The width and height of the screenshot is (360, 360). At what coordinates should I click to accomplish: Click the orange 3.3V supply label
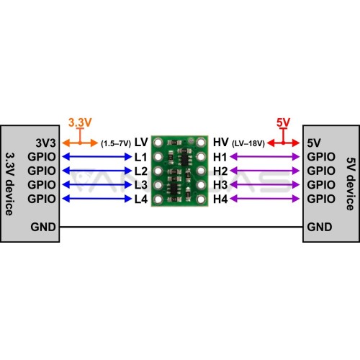click(80, 122)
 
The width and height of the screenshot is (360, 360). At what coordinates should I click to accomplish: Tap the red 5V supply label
click(283, 122)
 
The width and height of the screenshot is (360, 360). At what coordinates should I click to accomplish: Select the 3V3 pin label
click(45, 143)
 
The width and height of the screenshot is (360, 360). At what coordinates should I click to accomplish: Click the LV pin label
click(141, 143)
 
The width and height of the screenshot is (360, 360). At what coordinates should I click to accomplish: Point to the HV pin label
click(220, 143)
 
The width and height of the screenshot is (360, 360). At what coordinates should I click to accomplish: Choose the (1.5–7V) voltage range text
click(116, 143)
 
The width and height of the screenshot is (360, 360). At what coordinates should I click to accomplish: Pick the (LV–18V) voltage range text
click(248, 143)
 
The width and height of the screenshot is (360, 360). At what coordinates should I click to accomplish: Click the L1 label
click(140, 157)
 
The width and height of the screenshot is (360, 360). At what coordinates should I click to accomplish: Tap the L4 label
click(141, 199)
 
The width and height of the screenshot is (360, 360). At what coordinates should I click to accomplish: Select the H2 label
click(220, 171)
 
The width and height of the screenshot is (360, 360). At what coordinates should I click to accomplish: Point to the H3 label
click(220, 185)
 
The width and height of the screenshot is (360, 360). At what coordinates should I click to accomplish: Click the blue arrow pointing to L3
click(97, 185)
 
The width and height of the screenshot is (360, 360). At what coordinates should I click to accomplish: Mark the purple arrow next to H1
click(265, 157)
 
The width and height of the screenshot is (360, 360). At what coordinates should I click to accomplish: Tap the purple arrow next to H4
click(265, 199)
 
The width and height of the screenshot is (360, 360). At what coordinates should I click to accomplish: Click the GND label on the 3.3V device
click(43, 227)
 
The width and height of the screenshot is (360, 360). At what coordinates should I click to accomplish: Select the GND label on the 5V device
click(320, 227)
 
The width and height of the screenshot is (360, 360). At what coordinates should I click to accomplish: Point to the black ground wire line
click(181, 227)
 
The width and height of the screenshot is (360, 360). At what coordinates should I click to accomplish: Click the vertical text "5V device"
click(351, 184)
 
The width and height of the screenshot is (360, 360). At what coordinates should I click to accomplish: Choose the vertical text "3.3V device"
click(9, 184)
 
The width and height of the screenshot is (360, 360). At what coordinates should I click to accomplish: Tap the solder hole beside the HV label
click(201, 143)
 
